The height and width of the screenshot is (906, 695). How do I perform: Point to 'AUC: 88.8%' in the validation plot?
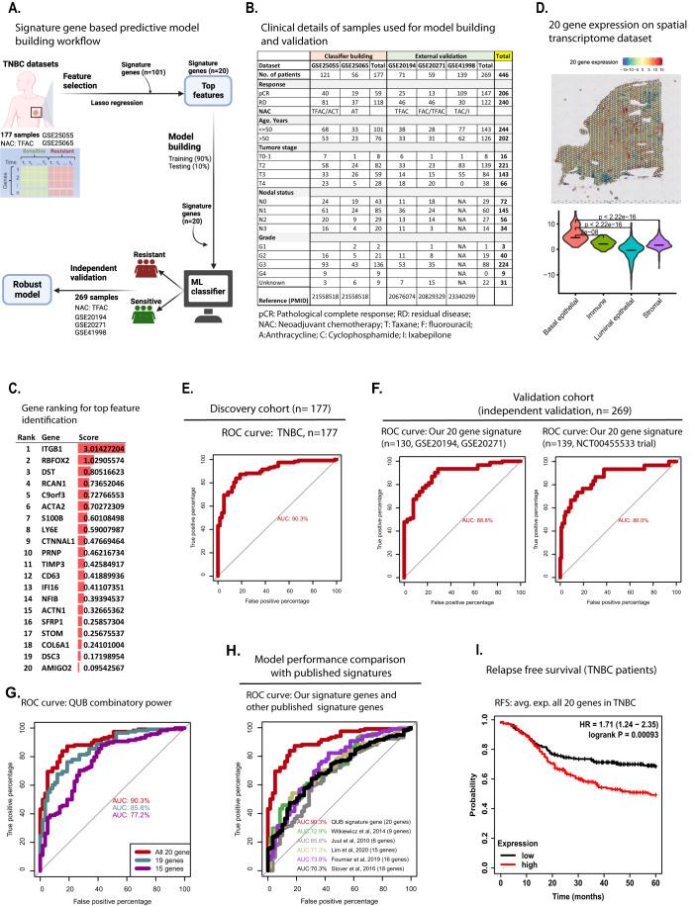[454, 519]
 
